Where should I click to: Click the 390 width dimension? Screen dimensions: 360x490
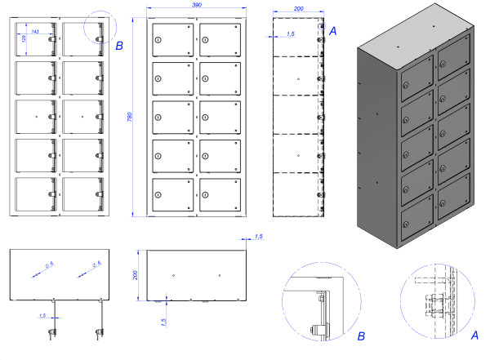pyautogui.click(x=197, y=5)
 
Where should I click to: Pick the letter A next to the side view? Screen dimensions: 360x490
pyautogui.click(x=332, y=29)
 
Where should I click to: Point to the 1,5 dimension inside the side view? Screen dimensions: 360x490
pyautogui.click(x=292, y=34)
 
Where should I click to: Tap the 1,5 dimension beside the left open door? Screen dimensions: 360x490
pyautogui.click(x=42, y=314)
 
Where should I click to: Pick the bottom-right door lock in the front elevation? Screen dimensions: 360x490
pyautogui.click(x=206, y=196)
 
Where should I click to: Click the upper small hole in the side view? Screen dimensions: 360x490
pyautogui.click(x=299, y=79)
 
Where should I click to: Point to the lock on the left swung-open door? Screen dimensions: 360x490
pyautogui.click(x=53, y=331)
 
